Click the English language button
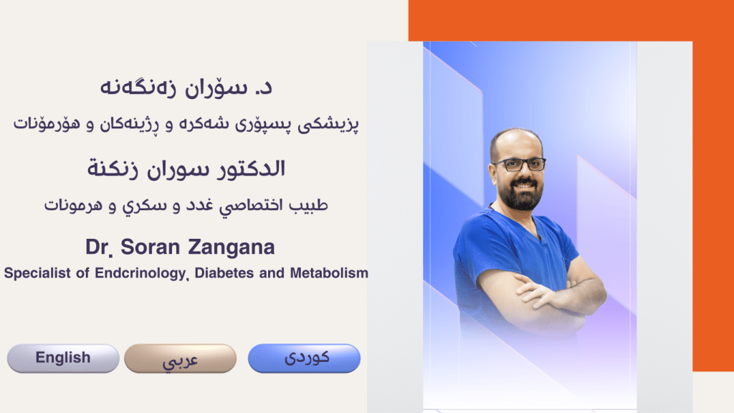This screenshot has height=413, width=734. click(63, 358)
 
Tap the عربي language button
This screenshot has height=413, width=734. click(180, 359)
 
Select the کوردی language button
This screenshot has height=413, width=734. click(304, 358)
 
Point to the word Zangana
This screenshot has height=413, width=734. click(232, 247)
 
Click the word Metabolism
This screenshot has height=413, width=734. click(329, 273)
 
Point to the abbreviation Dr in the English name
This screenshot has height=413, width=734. click(97, 247)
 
